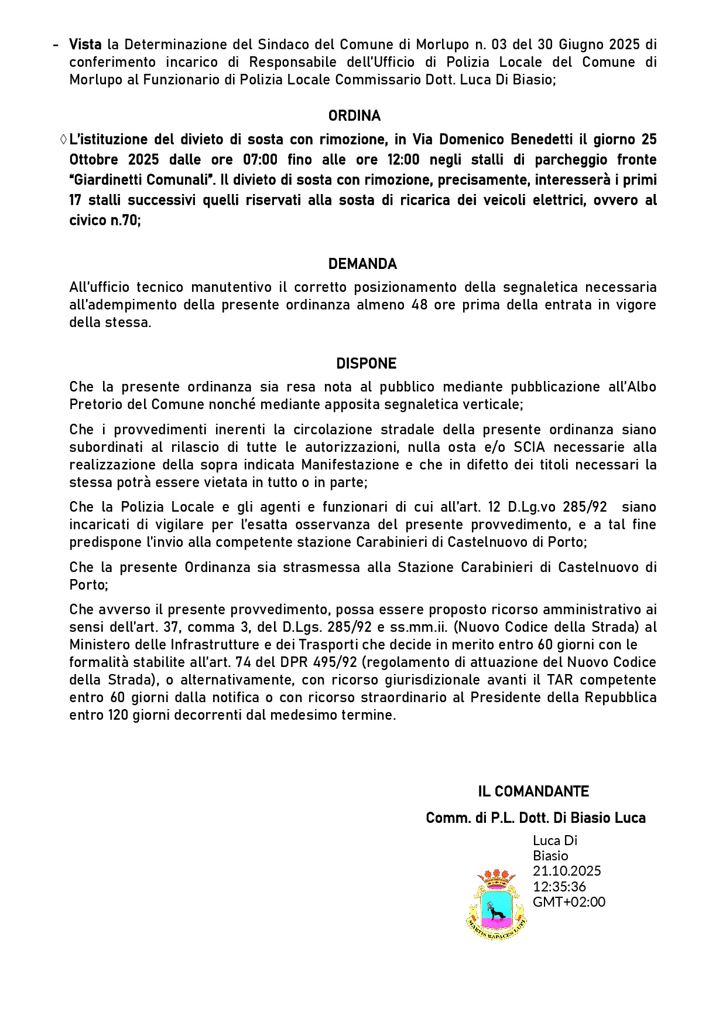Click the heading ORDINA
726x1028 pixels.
coord(354,116)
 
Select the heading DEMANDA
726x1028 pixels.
coord(362,264)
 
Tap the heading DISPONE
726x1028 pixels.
coord(366,364)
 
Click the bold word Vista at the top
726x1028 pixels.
coord(85,45)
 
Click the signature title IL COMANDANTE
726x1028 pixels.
coord(533,792)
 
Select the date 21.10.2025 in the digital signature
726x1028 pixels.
coord(566,871)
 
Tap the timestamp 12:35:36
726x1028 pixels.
coord(559,886)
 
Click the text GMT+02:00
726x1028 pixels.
coord(569,902)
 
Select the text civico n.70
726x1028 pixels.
coord(104,221)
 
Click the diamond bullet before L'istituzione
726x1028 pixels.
coord(63,140)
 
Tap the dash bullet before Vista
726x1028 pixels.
coord(56,45)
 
